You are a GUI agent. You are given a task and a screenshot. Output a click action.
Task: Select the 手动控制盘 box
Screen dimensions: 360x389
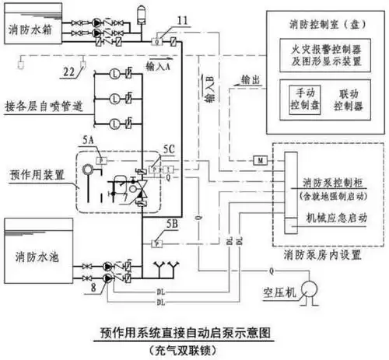pyautogui.click(x=299, y=98)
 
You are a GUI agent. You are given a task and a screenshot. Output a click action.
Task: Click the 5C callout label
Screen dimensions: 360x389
pyautogui.click(x=169, y=154)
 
